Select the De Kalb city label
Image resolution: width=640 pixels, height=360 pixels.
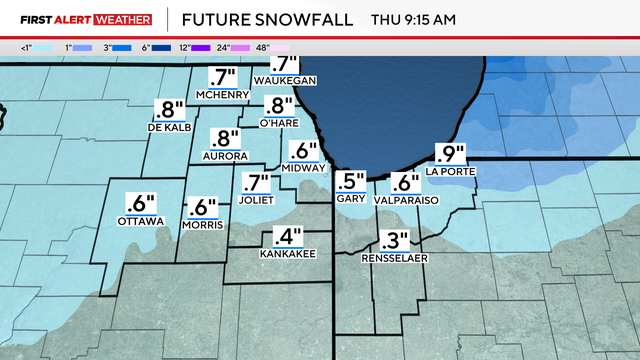tap(168, 128)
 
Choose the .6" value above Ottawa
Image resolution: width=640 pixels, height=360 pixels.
tap(141, 201)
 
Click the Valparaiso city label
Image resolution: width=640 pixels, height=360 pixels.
tap(405, 200)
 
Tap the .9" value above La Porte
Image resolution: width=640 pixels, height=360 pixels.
tap(449, 154)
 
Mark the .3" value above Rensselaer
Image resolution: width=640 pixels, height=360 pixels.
tap(396, 241)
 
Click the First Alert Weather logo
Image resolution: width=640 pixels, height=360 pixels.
tap(86, 18)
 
